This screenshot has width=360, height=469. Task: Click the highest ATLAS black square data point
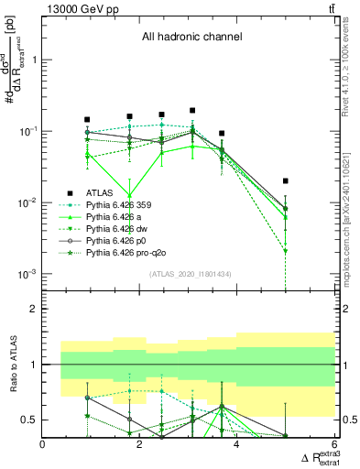coord(192,111)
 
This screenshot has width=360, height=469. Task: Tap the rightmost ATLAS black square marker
coord(286,181)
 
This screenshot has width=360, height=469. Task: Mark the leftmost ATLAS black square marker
coord(87,120)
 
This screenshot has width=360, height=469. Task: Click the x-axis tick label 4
coord(237,445)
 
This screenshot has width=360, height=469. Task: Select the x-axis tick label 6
coord(334,445)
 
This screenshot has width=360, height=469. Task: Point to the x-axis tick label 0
coord(44,445)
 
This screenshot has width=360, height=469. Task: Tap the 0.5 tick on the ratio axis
coord(30,420)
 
